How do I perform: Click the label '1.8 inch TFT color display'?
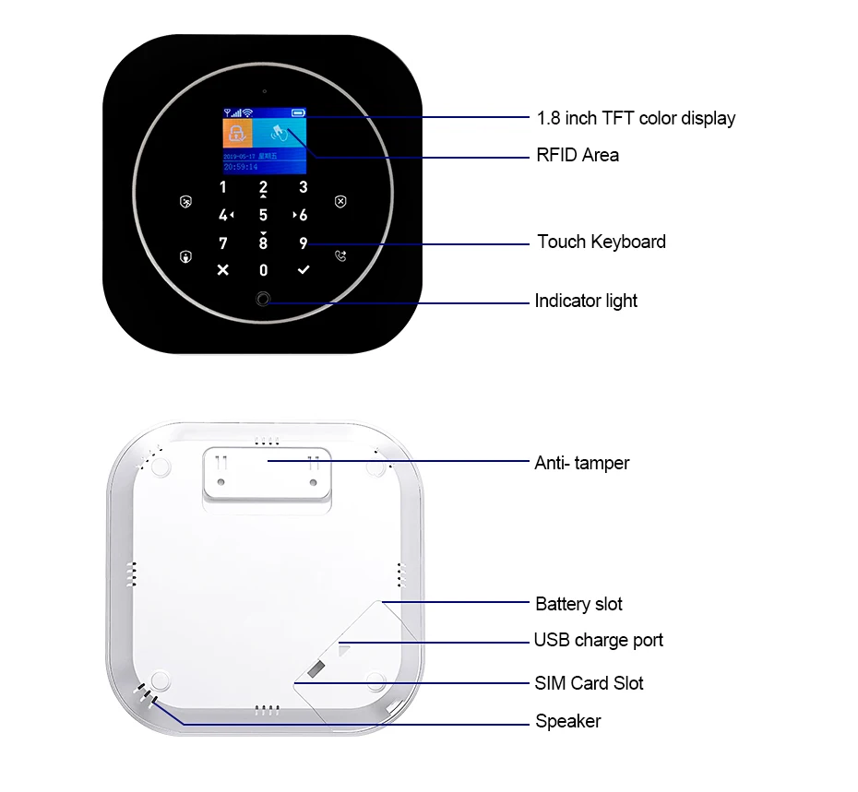click(x=636, y=118)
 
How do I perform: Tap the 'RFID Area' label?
click(x=578, y=155)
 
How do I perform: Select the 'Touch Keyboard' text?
click(x=602, y=242)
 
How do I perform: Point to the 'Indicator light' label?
click(x=586, y=301)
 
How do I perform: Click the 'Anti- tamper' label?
click(x=581, y=463)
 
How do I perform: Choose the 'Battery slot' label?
click(x=578, y=604)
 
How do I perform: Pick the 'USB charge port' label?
click(x=598, y=640)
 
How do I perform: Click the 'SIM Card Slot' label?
click(x=589, y=683)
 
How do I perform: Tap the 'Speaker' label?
click(x=567, y=721)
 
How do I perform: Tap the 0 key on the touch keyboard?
click(x=263, y=270)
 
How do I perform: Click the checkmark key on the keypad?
click(x=304, y=270)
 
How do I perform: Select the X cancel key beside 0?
click(x=222, y=270)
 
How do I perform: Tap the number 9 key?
click(x=304, y=243)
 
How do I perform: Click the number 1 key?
click(x=222, y=188)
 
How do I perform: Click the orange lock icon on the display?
click(x=237, y=133)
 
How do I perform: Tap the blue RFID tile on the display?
click(x=280, y=133)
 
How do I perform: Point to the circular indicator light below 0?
click(x=263, y=301)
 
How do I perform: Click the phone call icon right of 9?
click(x=341, y=257)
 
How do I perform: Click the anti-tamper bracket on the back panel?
click(x=266, y=475)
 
